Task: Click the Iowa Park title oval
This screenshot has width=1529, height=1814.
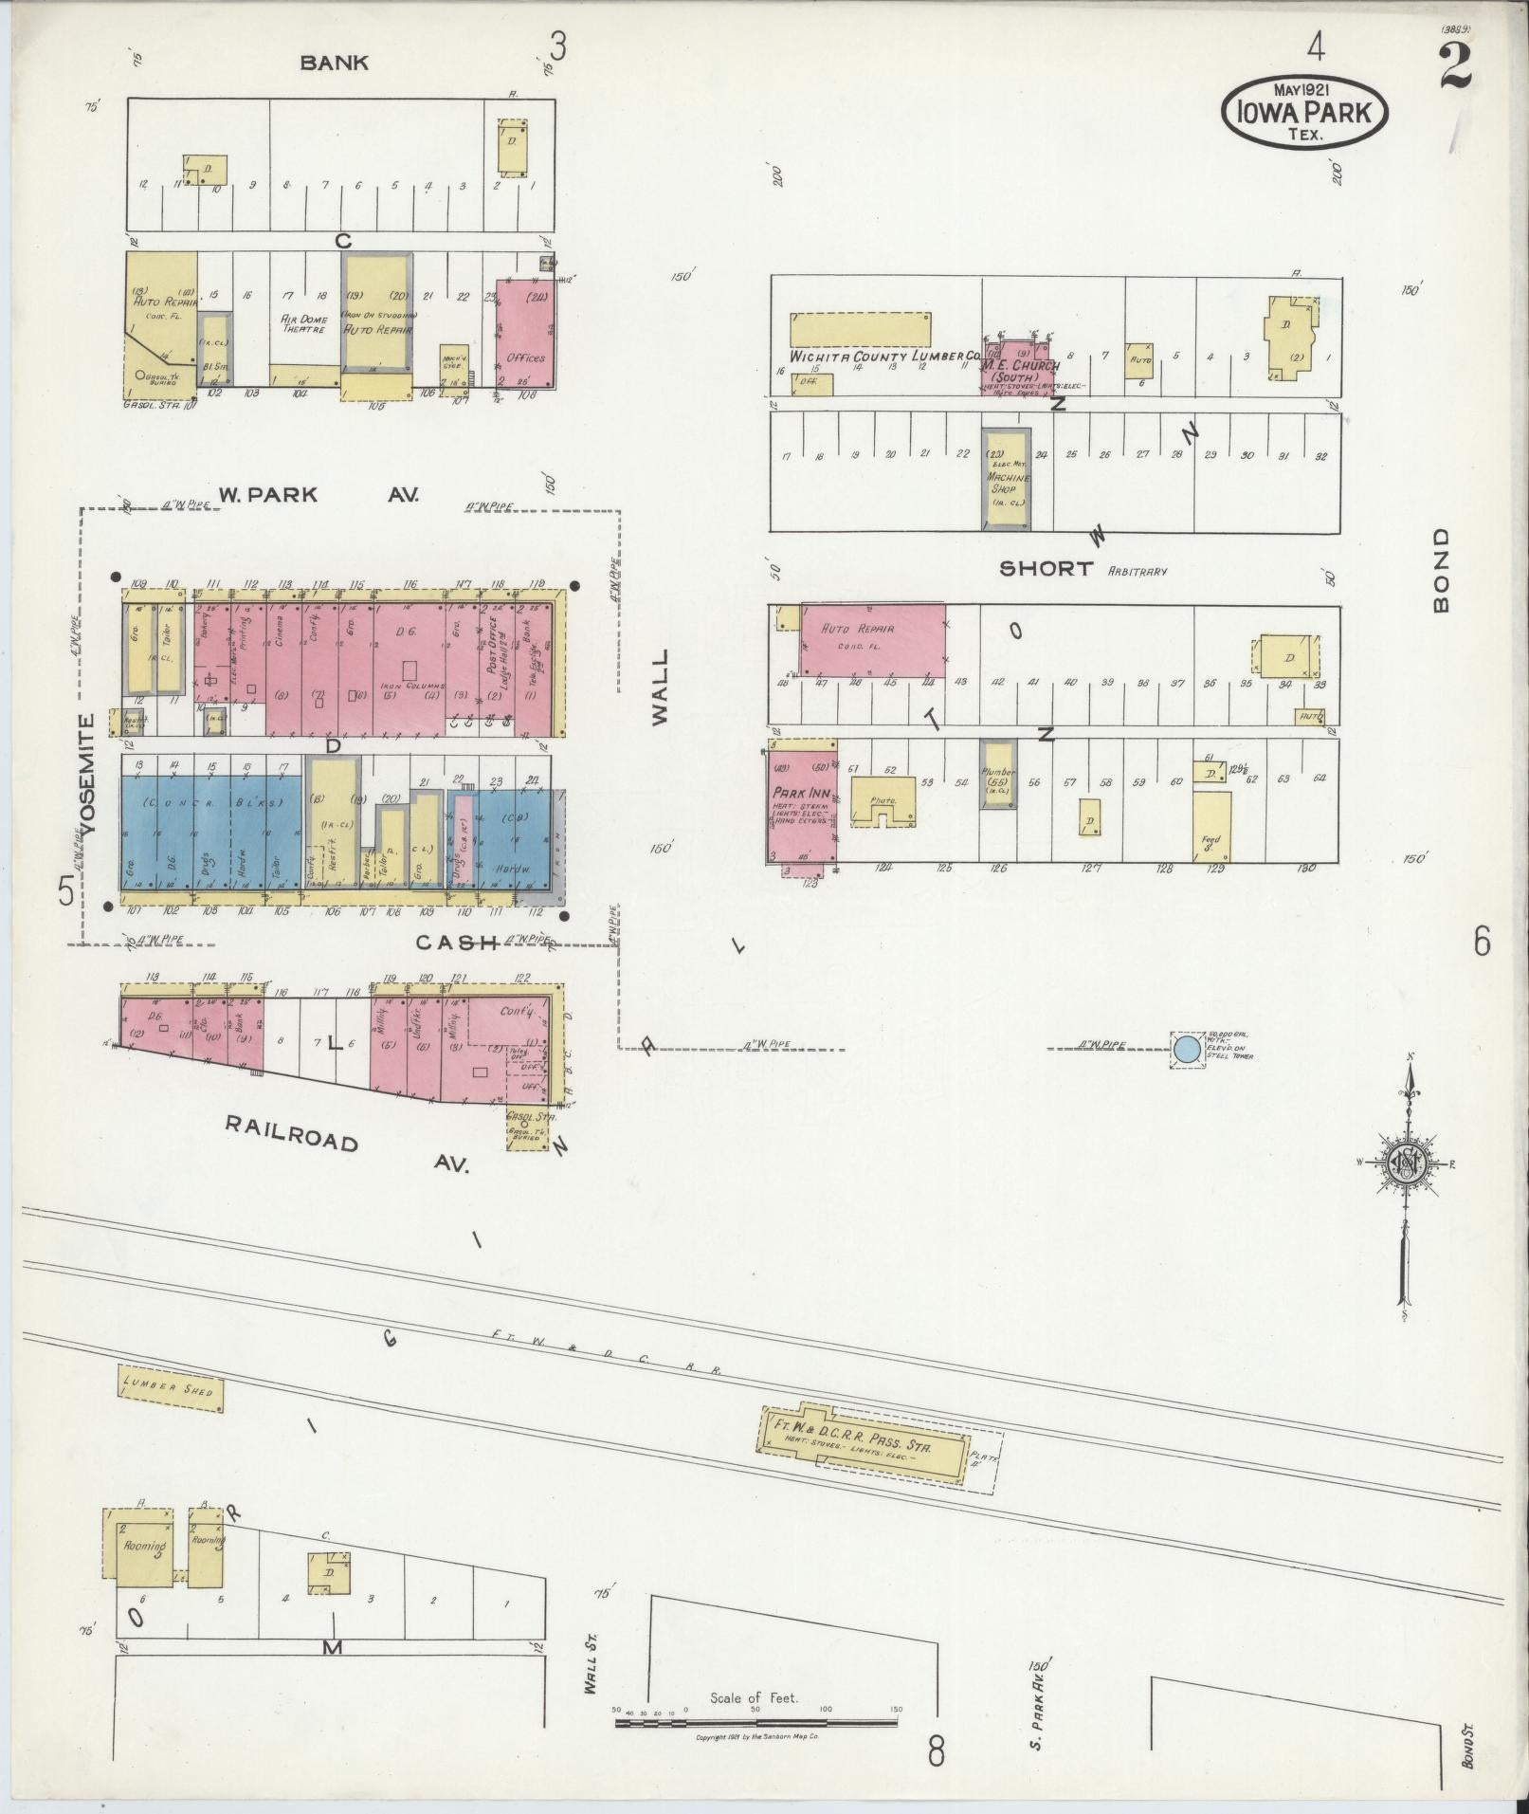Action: (x=1304, y=112)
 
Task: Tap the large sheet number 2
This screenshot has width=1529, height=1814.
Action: (x=1455, y=66)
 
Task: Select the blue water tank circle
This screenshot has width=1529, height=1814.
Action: (x=1186, y=1050)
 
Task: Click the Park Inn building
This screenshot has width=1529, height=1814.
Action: (x=801, y=808)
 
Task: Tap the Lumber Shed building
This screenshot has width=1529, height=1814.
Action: (x=169, y=1389)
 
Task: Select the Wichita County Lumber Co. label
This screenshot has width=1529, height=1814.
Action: (x=872, y=357)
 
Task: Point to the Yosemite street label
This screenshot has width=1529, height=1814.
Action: (x=88, y=774)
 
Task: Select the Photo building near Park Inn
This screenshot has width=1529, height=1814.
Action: (x=883, y=802)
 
